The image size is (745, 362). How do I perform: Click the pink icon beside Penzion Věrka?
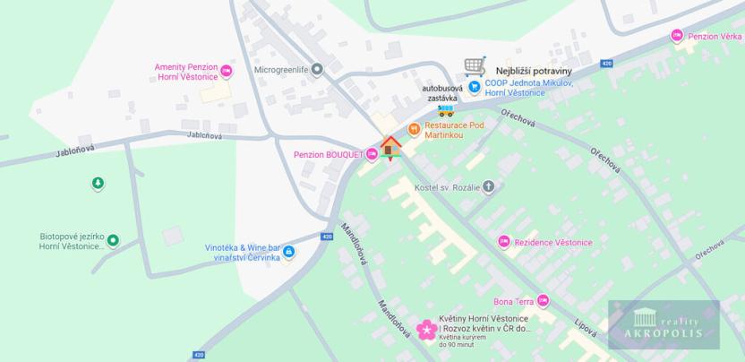point(677,36)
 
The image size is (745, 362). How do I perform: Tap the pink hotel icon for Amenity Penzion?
point(226,70)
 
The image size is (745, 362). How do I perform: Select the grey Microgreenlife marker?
point(316,68)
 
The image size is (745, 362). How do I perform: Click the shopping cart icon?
point(475,67)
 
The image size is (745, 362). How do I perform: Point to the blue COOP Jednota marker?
point(475,87)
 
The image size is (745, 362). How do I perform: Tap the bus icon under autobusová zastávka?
point(445,109)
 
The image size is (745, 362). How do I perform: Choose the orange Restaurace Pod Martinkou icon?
point(414,129)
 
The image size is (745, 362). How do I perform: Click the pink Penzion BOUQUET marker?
point(372,154)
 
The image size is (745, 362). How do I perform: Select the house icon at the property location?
point(390,147)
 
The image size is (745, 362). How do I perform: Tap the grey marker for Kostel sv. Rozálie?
point(488,186)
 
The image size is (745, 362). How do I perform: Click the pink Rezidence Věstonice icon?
point(504,242)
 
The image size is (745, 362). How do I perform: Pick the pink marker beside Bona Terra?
point(543,301)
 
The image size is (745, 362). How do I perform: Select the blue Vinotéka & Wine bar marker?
point(288,252)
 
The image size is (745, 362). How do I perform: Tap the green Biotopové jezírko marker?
point(113,240)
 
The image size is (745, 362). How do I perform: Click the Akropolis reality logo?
point(664,323)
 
